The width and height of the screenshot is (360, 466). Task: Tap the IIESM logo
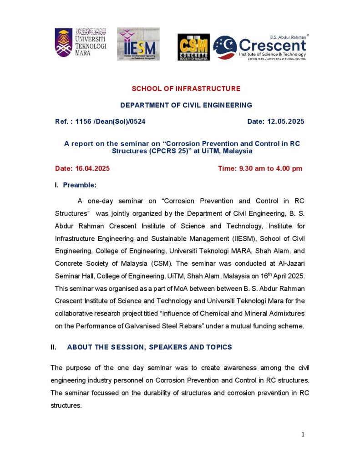pos(138,44)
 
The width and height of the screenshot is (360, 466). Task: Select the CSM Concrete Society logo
pos(193,47)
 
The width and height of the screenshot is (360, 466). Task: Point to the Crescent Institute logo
pos(260,47)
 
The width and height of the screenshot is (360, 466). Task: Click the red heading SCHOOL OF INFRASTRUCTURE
pos(186,88)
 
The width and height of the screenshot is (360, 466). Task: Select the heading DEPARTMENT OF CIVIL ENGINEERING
pos(186,105)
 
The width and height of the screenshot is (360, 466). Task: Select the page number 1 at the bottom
pos(303,435)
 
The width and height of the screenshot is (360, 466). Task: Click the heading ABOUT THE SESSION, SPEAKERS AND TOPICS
pos(149,347)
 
